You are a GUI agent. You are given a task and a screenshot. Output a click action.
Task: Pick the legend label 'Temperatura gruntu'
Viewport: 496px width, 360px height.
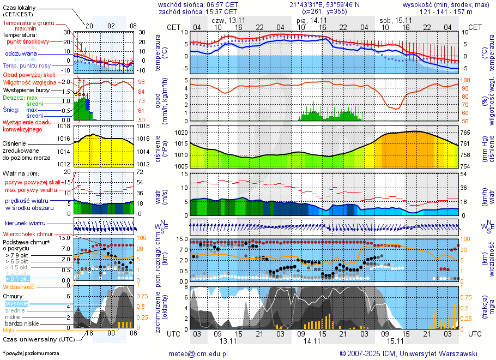point(29,23)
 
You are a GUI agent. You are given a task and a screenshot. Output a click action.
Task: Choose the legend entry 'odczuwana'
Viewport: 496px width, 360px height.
point(21,54)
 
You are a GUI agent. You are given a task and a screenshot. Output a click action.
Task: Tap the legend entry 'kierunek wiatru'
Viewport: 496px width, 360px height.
point(25,224)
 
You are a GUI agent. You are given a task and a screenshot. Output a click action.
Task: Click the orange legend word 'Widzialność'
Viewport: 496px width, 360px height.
point(19,286)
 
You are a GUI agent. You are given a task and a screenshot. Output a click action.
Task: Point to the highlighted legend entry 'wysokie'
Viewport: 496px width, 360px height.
point(16,303)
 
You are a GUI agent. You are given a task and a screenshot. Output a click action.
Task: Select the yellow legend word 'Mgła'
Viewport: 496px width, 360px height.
point(9,330)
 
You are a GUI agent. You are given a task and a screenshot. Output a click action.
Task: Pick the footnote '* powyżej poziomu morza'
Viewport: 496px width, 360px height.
point(31,353)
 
